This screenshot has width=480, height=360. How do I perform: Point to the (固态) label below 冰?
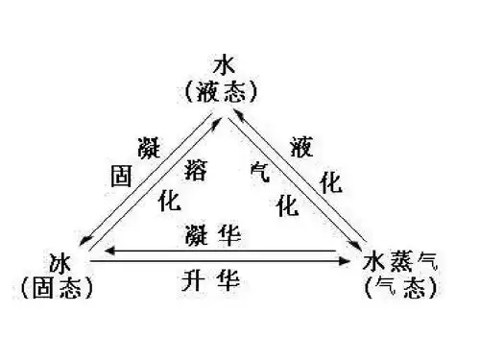[x=60, y=285]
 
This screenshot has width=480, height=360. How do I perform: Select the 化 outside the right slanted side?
[x=330, y=185]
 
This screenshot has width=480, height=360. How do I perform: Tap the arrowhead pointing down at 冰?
[x=86, y=241]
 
